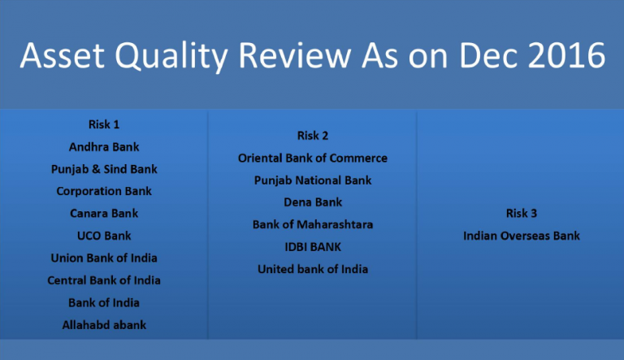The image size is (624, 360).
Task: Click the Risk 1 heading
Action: click(x=104, y=124)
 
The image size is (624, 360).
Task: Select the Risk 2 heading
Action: click(x=313, y=136)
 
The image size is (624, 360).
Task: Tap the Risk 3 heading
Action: click(x=522, y=214)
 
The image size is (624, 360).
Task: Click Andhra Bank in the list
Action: click(x=104, y=147)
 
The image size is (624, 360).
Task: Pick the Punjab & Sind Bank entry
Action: click(x=104, y=170)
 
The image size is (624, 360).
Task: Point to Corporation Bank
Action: click(x=104, y=192)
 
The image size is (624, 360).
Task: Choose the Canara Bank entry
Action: click(x=104, y=214)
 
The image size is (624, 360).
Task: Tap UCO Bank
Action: click(x=104, y=236)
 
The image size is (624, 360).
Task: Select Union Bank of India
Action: click(x=104, y=258)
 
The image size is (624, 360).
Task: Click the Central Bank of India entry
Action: click(x=104, y=280)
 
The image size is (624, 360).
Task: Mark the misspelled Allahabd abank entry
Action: click(x=104, y=325)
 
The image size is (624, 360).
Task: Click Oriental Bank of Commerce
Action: click(x=313, y=158)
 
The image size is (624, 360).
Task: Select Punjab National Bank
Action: click(x=313, y=180)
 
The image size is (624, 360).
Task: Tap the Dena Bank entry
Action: click(x=313, y=202)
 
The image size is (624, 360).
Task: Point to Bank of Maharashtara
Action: click(x=313, y=224)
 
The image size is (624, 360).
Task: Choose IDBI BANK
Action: click(x=313, y=247)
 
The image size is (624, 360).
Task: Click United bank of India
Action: click(x=313, y=269)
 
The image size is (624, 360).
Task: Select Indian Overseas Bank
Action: click(x=522, y=236)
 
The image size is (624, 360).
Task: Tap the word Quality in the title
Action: click(x=171, y=57)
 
